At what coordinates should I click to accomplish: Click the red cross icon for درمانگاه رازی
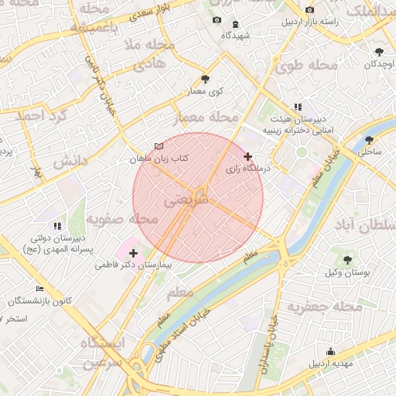pos(247,156)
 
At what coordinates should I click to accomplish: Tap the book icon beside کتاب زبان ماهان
pos(159,146)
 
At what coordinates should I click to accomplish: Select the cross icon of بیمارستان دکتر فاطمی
pos(133,253)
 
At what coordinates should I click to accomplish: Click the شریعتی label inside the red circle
pos(186,200)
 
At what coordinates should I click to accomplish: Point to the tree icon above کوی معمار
pos(205,79)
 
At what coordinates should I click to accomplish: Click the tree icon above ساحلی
pos(369,140)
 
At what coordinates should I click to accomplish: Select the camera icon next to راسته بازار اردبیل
pos(309,9)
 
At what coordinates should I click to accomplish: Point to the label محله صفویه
pos(122,220)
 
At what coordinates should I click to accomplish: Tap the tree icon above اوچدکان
pos(378,51)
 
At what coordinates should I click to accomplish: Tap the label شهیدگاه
pos(235,36)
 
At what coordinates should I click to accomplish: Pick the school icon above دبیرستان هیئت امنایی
pos(298,108)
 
